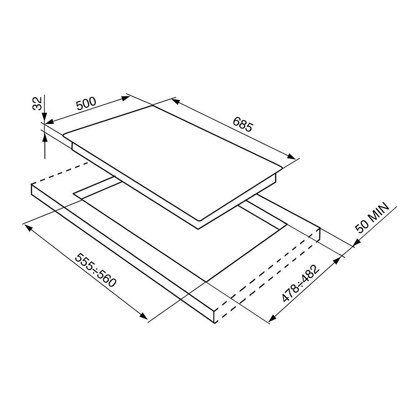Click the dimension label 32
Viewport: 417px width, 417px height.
[x=38, y=103]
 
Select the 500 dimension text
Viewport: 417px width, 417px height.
[x=86, y=103]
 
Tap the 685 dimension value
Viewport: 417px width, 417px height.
[x=242, y=124]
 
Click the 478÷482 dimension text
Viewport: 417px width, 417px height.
[x=301, y=284]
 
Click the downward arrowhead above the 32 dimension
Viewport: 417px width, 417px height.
[x=45, y=118]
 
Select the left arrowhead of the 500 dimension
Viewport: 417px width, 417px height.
[x=50, y=121]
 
